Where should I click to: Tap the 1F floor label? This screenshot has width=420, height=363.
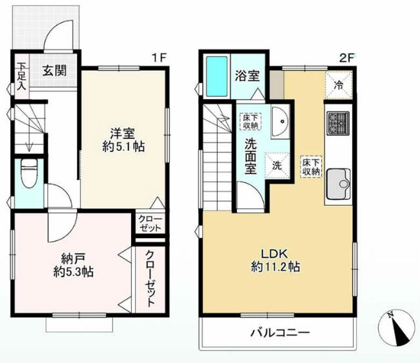pyautogui.click(x=158, y=58)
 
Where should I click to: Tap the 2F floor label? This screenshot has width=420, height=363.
pyautogui.click(x=348, y=58)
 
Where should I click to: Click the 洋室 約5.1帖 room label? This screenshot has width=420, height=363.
pyautogui.click(x=123, y=140)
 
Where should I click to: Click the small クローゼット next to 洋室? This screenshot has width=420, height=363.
pyautogui.click(x=151, y=223)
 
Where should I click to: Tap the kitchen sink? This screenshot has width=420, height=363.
pyautogui.click(x=339, y=183)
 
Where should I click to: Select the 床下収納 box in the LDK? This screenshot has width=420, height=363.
pyautogui.click(x=311, y=166)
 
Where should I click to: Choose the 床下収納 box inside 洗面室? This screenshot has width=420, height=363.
pyautogui.click(x=251, y=121)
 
